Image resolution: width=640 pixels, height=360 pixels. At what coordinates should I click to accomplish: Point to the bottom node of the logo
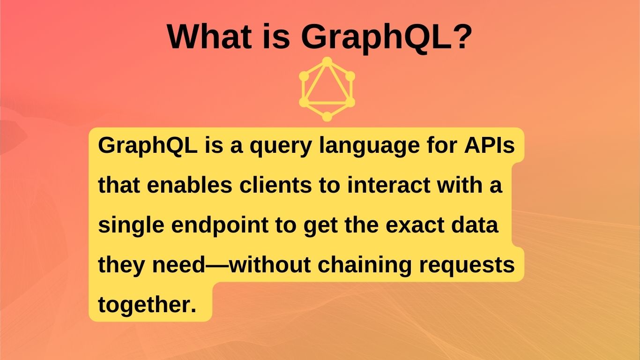pos(327,117)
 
